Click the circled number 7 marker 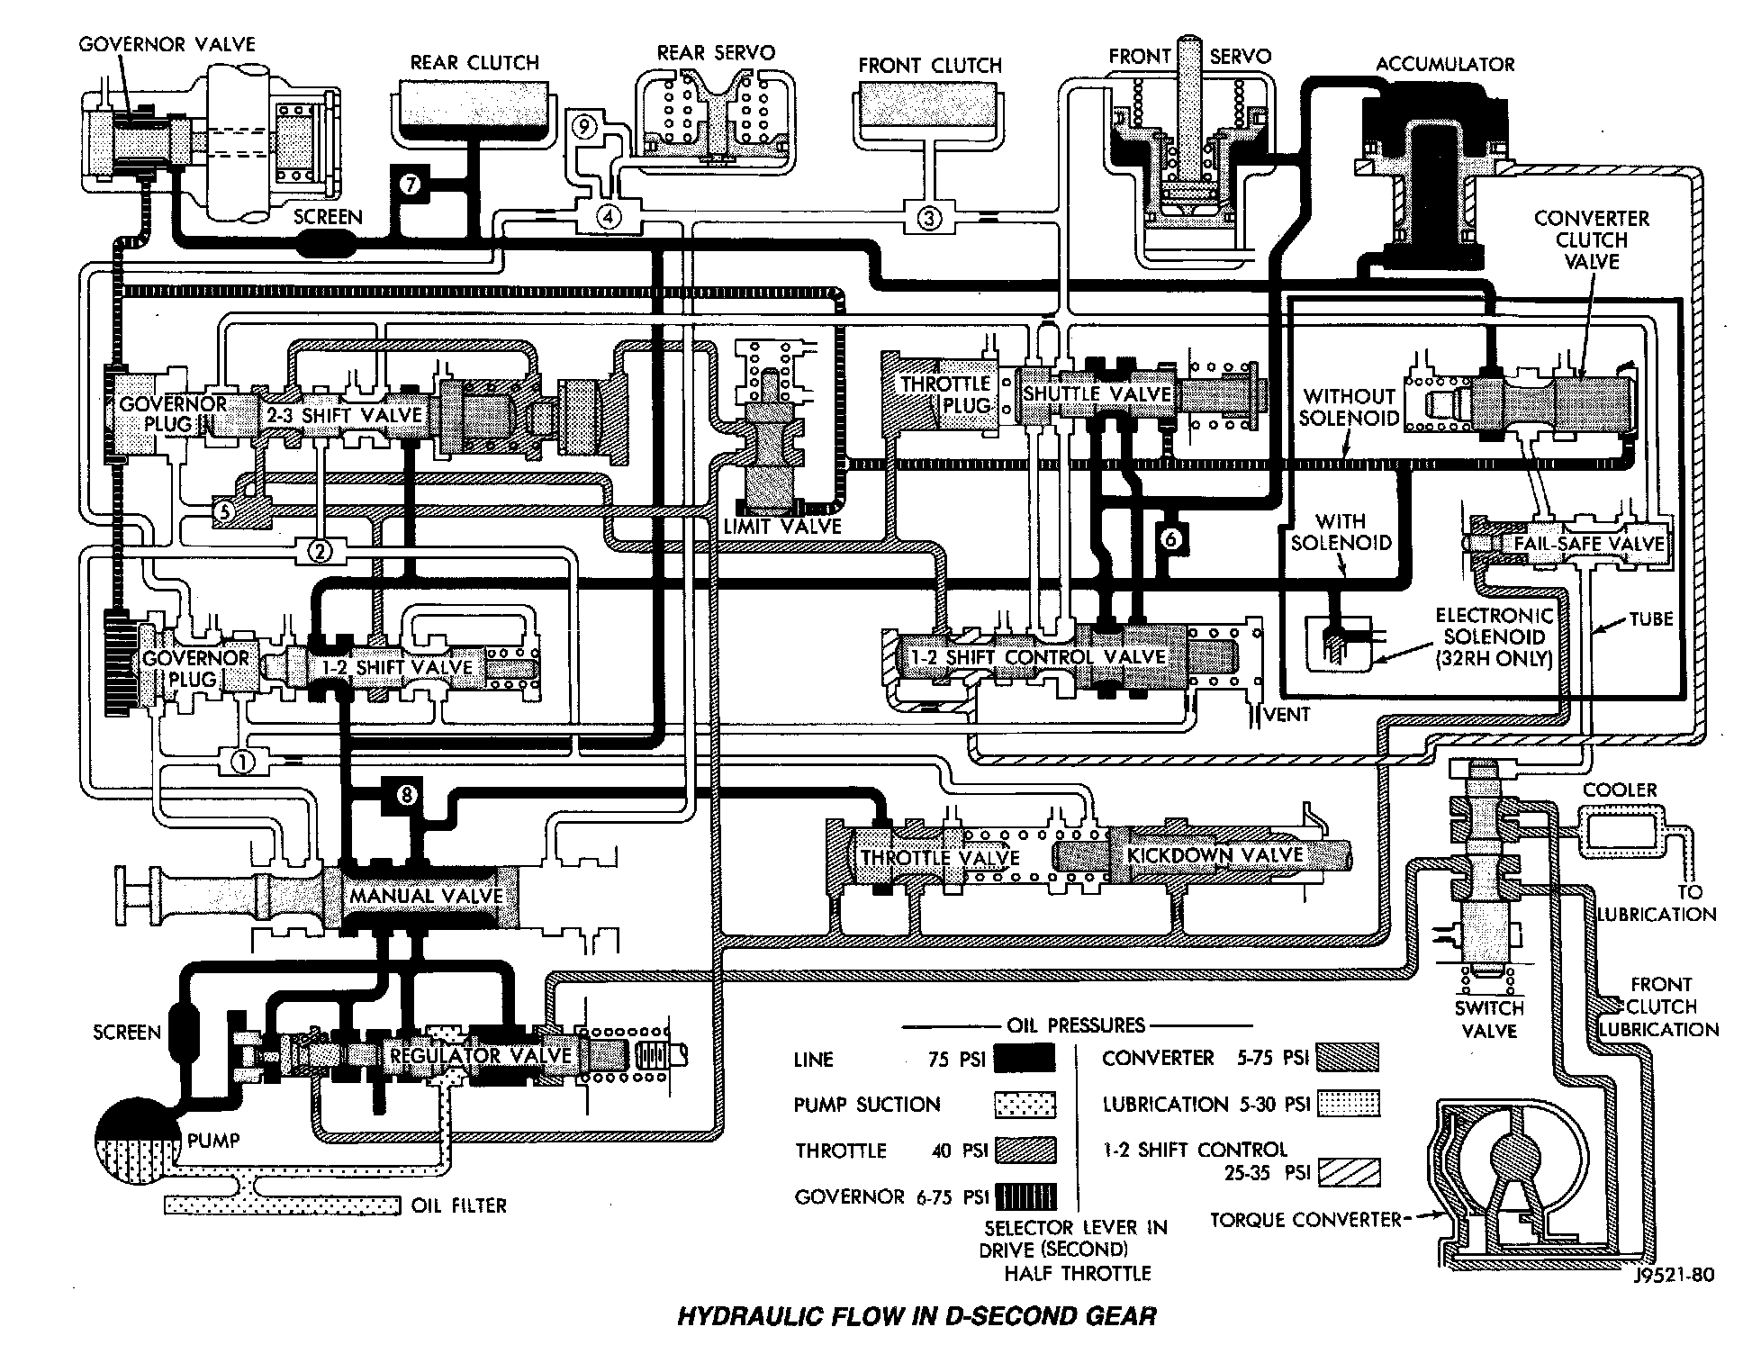point(411,185)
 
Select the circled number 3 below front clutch point(929,217)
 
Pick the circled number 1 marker point(243,762)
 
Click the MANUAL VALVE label point(426,896)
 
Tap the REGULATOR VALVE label point(481,1054)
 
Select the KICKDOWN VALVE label point(1215,854)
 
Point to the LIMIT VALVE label point(782,527)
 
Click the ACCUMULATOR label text point(1445,64)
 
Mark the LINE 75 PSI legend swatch point(1025,1059)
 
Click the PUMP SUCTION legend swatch point(1025,1105)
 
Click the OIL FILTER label point(458,1205)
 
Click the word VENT point(1287,715)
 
